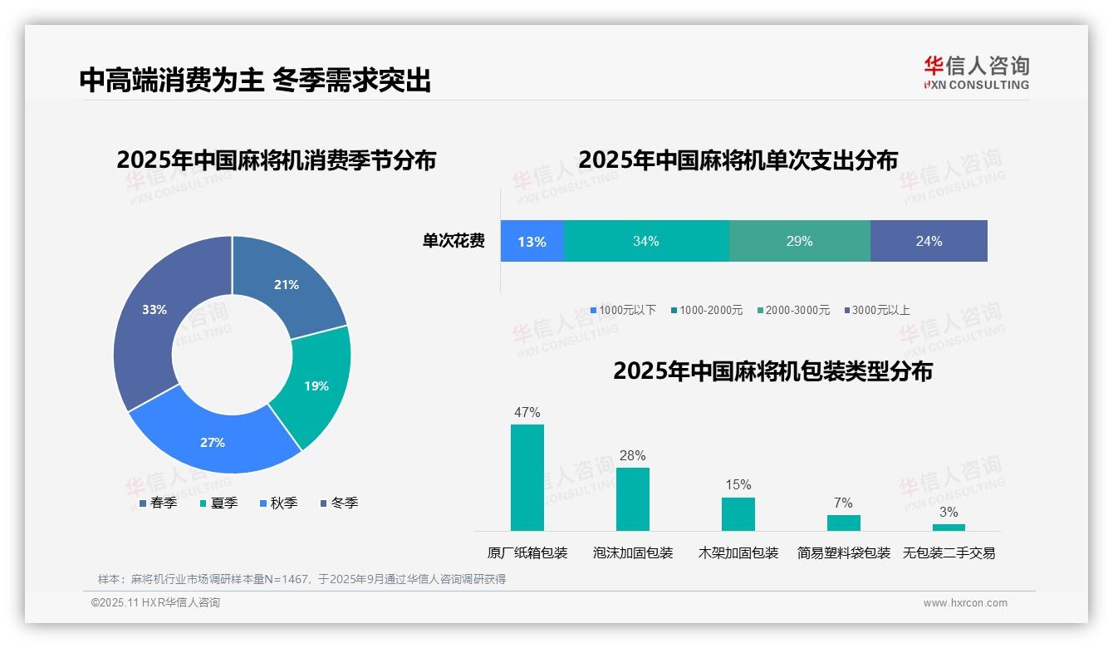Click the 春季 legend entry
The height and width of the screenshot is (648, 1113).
[158, 503]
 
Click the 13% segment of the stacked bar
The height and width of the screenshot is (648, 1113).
[532, 242]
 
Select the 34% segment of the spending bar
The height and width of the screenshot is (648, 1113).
[645, 242]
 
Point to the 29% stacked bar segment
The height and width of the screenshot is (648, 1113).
[799, 242]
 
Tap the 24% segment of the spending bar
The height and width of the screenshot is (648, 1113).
[929, 242]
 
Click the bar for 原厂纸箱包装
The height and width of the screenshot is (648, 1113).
[527, 478]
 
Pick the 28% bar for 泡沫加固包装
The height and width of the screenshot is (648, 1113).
[632, 499]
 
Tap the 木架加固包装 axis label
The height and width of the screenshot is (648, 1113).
[738, 553]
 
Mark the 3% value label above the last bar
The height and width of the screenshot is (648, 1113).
[949, 512]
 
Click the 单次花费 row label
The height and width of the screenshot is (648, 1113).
[454, 242]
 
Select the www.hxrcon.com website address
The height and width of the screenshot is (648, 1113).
[965, 603]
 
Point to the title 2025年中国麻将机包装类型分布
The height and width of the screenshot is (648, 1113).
[772, 371]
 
